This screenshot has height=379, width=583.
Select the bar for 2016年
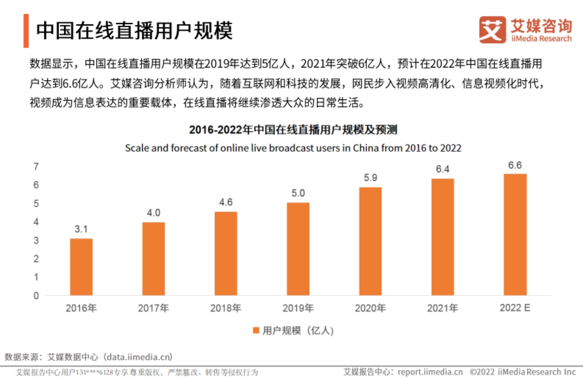(x=81, y=267)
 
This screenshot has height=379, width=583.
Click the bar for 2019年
(x=298, y=249)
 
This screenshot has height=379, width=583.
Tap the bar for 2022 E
(x=515, y=234)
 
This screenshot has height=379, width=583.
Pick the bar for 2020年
(x=370, y=241)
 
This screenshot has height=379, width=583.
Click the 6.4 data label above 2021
(x=443, y=169)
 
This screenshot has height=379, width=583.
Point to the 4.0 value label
(x=154, y=213)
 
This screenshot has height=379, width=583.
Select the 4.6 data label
(x=226, y=202)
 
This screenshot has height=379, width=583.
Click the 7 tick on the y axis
(x=36, y=167)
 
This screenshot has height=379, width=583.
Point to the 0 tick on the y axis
(x=36, y=295)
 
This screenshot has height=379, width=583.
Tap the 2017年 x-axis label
(x=154, y=308)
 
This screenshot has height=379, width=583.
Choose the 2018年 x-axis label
(x=226, y=308)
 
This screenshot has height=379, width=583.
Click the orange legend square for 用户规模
(x=256, y=331)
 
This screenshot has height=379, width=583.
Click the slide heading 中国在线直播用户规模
(x=135, y=31)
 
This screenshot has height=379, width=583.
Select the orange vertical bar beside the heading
(x=26, y=31)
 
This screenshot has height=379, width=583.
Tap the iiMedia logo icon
(x=492, y=30)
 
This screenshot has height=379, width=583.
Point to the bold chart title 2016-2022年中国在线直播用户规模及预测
(x=293, y=130)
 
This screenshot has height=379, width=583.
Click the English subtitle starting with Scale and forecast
(x=293, y=148)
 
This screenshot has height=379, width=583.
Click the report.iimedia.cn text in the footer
(x=430, y=372)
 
